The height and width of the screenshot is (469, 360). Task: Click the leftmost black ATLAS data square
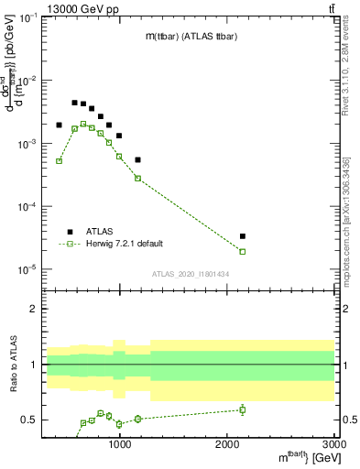click(59, 125)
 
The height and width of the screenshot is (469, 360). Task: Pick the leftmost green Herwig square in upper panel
click(59, 161)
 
